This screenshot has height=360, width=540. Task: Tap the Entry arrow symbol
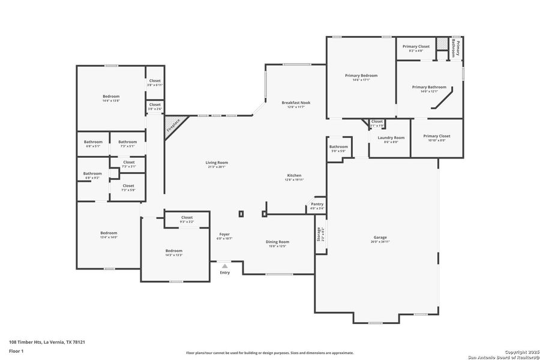click(x=224, y=265)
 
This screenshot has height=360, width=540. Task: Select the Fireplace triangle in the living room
click(x=172, y=125)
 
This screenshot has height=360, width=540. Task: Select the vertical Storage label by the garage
click(x=319, y=233)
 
